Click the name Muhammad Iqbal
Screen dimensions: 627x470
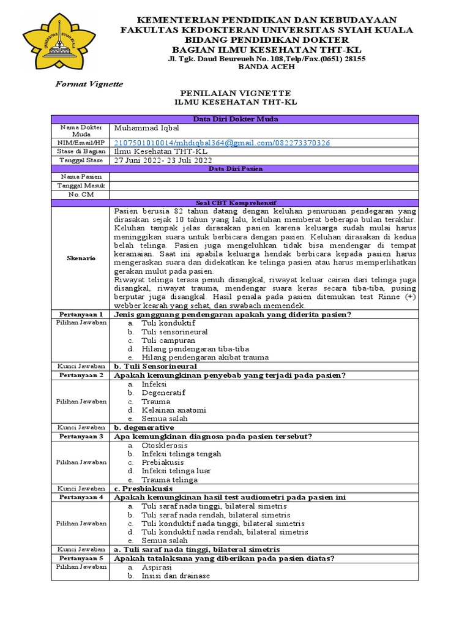[143, 128]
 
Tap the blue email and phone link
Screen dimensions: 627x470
[222, 143]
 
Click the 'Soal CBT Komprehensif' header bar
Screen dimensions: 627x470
[235, 202]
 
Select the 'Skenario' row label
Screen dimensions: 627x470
[81, 258]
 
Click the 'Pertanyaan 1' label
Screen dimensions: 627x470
[81, 314]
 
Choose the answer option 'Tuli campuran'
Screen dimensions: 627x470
[168, 340]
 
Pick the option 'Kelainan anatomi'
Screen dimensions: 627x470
[174, 410]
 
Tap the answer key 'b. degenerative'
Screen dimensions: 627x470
[144, 427]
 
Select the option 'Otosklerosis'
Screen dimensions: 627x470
[165, 445]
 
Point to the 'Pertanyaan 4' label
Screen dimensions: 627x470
[81, 497]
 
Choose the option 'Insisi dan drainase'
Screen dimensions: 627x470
[176, 576]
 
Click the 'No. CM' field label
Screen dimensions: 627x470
[81, 194]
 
